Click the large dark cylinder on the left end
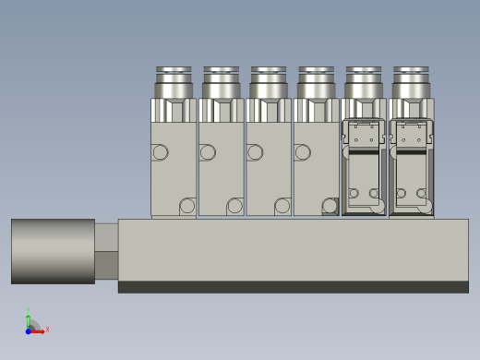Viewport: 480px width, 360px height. tap(53, 251)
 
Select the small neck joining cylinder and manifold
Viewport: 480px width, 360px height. tap(106, 250)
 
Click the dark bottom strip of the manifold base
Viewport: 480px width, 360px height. tap(293, 287)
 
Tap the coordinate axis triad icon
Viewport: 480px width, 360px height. tap(32, 325)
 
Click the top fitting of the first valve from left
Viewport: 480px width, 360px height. tap(174, 82)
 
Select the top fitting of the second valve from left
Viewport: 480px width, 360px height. tap(222, 82)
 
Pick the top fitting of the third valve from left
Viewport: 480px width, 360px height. tap(269, 82)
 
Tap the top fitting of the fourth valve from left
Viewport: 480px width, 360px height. tap(316, 82)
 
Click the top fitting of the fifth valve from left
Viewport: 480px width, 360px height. tap(364, 82)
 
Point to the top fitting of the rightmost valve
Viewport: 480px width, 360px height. tap(411, 82)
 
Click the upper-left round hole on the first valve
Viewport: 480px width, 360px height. tap(160, 152)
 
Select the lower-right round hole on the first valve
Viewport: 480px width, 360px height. tap(187, 206)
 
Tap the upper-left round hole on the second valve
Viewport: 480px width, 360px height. tap(208, 152)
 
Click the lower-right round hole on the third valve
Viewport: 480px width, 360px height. tap(282, 206)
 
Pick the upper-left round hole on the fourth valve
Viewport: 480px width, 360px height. tap(302, 152)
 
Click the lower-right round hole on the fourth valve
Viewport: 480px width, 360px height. tap(330, 206)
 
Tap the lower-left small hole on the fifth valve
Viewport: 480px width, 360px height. tap(354, 194)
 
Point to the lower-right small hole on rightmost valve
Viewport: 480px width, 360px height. tap(422, 194)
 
